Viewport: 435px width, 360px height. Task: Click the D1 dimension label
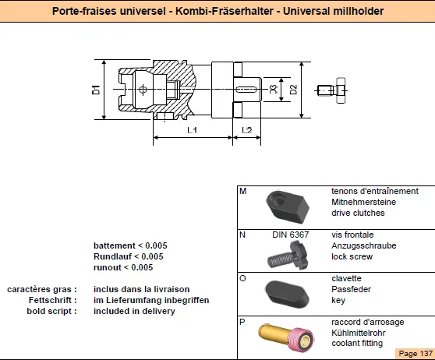pyautogui.click(x=96, y=90)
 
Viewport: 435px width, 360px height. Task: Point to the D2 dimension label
pyautogui.click(x=293, y=90)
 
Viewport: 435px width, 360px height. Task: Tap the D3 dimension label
pyautogui.click(x=274, y=90)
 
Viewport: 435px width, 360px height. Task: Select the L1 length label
pyautogui.click(x=192, y=130)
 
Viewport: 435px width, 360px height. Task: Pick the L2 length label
pyautogui.click(x=247, y=130)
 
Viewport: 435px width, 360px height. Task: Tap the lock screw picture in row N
pyautogui.click(x=288, y=256)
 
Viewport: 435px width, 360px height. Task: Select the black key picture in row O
pyautogui.click(x=288, y=293)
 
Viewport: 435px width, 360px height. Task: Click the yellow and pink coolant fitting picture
pyautogui.click(x=286, y=337)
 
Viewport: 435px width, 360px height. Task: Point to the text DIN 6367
pyautogui.click(x=290, y=235)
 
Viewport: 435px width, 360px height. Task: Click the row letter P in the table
pyautogui.click(x=242, y=322)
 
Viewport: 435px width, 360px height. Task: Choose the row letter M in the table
pyautogui.click(x=242, y=191)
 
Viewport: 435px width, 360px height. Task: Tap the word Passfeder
pyautogui.click(x=351, y=289)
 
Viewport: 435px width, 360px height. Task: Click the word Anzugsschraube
pyautogui.click(x=364, y=245)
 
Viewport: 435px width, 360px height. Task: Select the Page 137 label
pyautogui.click(x=416, y=353)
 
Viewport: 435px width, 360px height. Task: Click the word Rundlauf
pyautogui.click(x=112, y=256)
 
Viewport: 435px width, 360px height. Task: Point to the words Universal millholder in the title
pyautogui.click(x=333, y=11)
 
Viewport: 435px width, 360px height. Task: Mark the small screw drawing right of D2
pyautogui.click(x=332, y=90)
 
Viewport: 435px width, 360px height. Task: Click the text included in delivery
pyautogui.click(x=134, y=311)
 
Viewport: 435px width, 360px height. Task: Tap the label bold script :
pyautogui.click(x=52, y=311)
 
